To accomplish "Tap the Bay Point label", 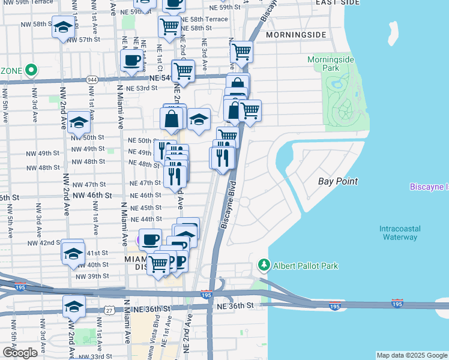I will (338, 181).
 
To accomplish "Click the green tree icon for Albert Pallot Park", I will (263, 265).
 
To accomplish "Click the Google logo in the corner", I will (20, 352).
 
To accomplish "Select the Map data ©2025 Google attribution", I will (412, 355).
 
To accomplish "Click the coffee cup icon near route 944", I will (131, 60).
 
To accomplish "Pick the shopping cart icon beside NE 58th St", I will (170, 26).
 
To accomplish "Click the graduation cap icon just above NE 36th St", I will (74, 307).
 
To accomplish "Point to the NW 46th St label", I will (92, 196).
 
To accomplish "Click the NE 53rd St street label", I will (142, 88).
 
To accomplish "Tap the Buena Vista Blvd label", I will (157, 339).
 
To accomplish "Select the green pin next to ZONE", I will (30, 70).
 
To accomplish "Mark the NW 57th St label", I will (84, 40).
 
